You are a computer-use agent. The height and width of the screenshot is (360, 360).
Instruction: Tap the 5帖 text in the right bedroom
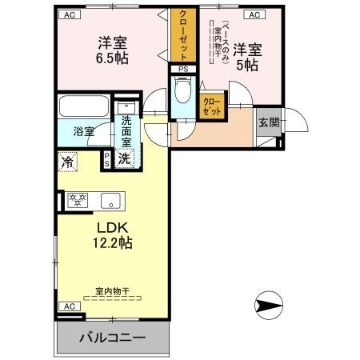tap(246, 66)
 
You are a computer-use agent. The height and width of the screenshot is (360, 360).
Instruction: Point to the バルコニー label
tap(113, 338)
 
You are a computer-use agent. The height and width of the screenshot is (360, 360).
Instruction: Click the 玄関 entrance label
tap(268, 122)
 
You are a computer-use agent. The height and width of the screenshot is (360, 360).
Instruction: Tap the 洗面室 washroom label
tap(126, 130)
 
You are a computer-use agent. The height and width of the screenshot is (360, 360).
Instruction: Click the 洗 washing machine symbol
tap(125, 158)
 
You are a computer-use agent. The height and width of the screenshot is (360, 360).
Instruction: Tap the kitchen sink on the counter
tap(110, 200)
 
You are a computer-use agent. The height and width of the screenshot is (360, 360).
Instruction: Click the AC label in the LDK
tap(69, 306)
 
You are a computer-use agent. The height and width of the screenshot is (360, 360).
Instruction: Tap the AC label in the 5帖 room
tap(255, 14)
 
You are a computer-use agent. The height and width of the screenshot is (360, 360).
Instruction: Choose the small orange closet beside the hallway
tap(212, 106)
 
